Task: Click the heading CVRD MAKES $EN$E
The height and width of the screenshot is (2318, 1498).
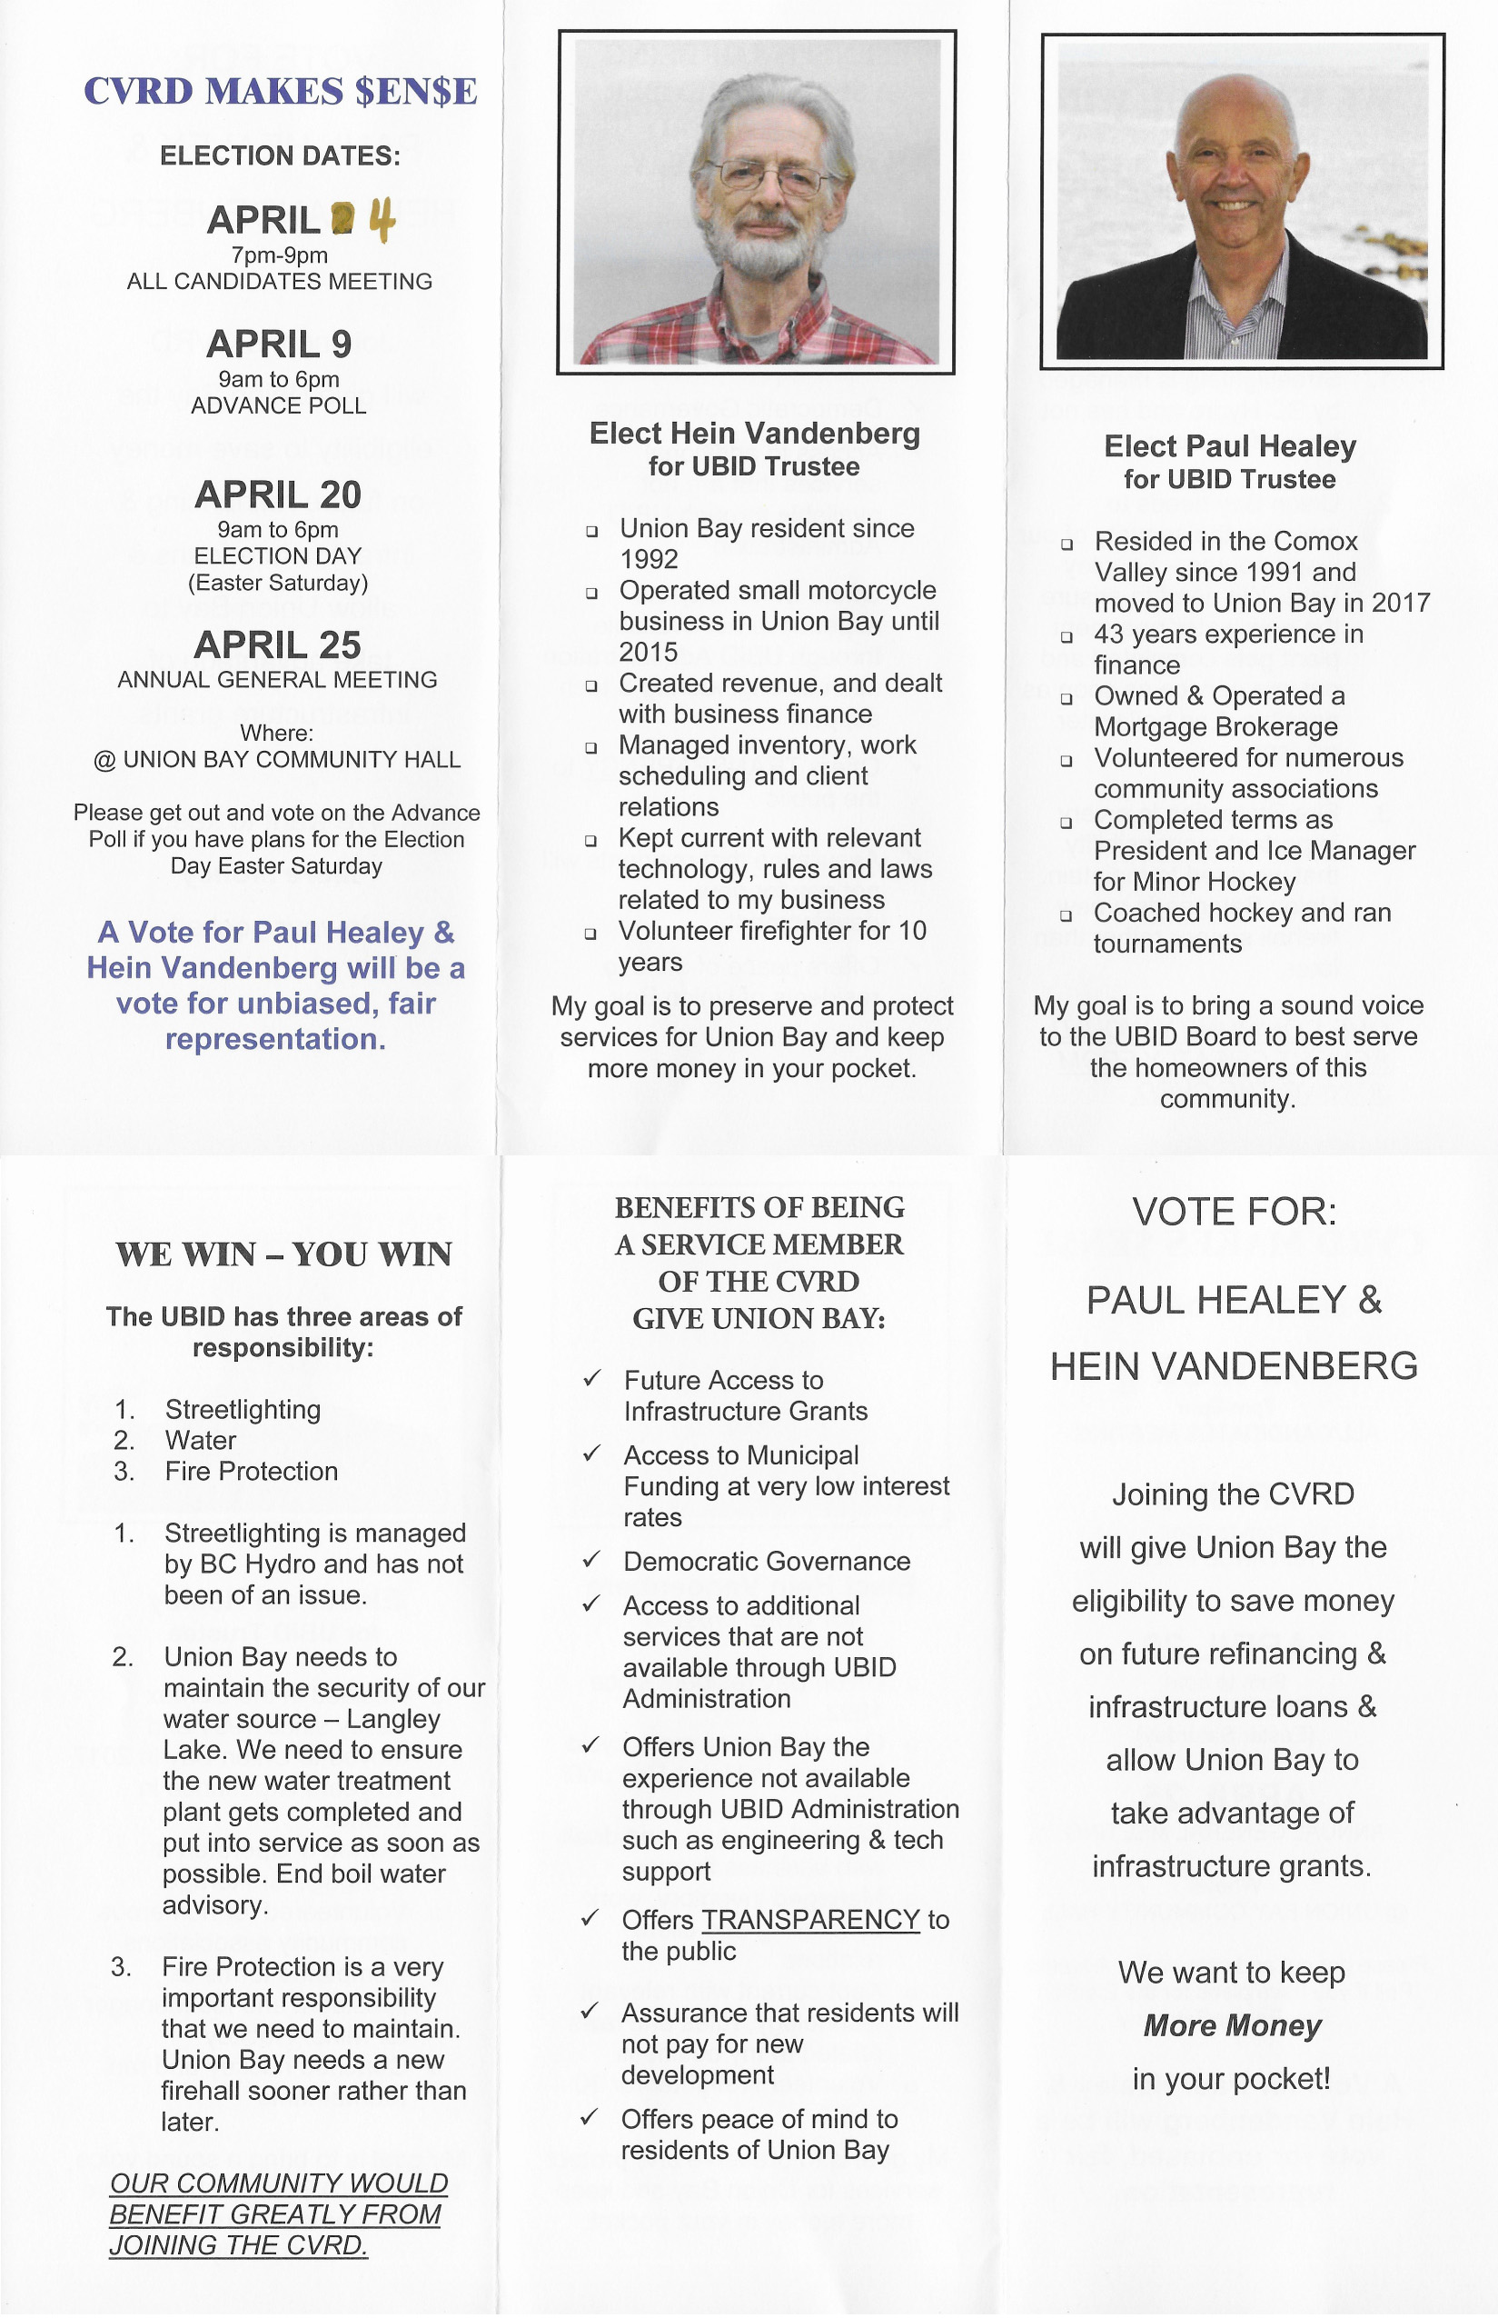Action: click(280, 92)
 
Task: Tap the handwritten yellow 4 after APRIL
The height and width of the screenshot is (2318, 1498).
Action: click(382, 220)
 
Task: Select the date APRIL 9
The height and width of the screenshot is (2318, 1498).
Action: click(279, 345)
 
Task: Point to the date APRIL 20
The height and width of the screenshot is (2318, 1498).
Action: click(278, 495)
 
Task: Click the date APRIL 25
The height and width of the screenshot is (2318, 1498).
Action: click(278, 645)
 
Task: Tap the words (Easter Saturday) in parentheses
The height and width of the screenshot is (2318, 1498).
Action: click(278, 583)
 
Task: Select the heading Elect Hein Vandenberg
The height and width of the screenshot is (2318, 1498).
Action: click(754, 434)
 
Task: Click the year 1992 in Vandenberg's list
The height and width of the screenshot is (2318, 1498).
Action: click(649, 560)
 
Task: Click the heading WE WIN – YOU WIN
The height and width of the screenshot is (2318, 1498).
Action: click(283, 1254)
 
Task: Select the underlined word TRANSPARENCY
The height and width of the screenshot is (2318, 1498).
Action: click(810, 1920)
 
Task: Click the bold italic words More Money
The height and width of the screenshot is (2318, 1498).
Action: click(1233, 2025)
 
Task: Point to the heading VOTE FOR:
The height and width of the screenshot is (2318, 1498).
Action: click(1234, 1213)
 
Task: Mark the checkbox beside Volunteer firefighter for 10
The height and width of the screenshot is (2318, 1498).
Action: click(590, 934)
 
